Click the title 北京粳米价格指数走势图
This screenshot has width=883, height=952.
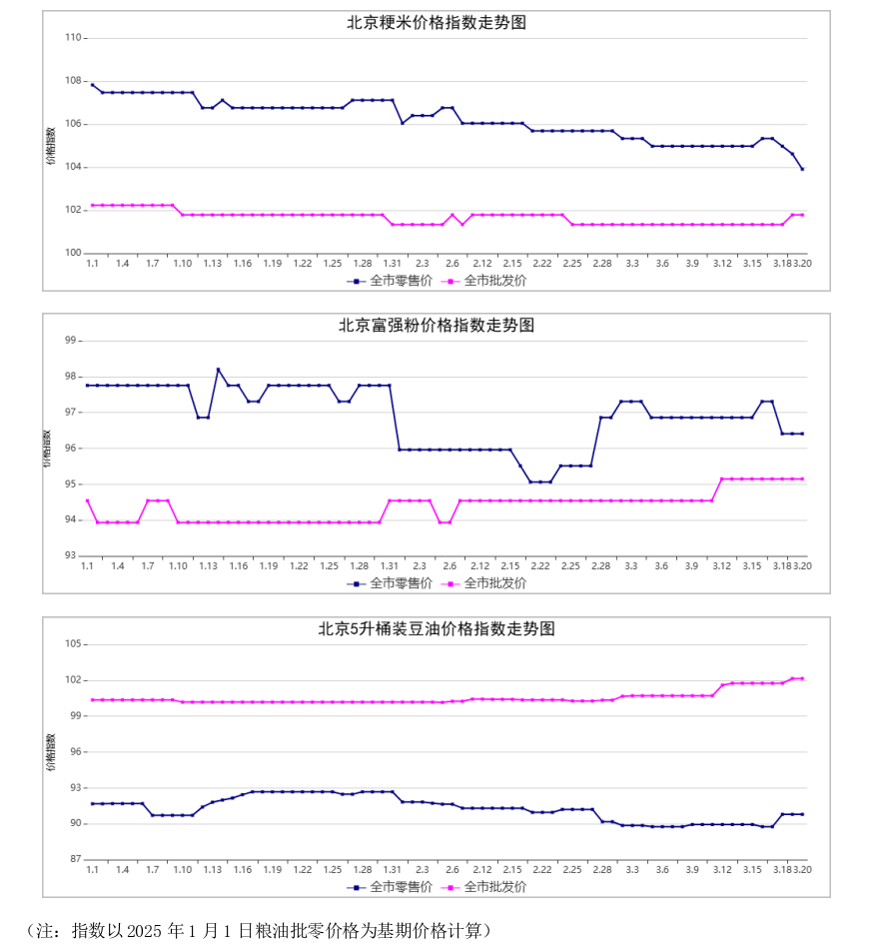point(437,23)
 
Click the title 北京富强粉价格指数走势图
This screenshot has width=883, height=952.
point(437,326)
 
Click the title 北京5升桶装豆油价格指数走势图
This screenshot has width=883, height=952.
point(437,629)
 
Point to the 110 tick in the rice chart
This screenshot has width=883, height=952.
point(72,38)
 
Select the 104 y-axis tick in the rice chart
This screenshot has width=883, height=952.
point(72,168)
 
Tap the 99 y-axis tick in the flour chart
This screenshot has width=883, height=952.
point(70,341)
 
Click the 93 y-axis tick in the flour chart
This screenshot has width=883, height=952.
point(70,555)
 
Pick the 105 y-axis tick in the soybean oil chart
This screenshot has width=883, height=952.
point(72,644)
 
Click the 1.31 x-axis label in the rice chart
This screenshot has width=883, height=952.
point(393,263)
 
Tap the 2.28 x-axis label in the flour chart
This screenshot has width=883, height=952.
point(601,565)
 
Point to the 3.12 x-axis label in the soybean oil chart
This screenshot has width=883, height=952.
point(722,869)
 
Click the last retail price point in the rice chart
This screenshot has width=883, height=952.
point(802,169)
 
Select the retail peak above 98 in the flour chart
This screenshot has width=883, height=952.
point(218,370)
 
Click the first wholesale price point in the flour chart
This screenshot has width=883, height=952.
point(88,500)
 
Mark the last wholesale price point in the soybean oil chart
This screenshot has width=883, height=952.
point(802,679)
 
